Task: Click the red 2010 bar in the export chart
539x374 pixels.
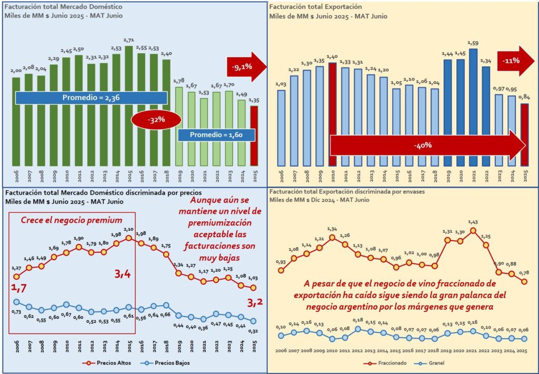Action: (332, 113)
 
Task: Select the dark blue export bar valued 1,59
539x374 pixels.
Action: (473, 105)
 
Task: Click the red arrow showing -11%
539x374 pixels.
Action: (514, 61)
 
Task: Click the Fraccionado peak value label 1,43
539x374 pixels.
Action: (474, 223)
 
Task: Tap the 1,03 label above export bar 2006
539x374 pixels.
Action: (281, 84)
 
